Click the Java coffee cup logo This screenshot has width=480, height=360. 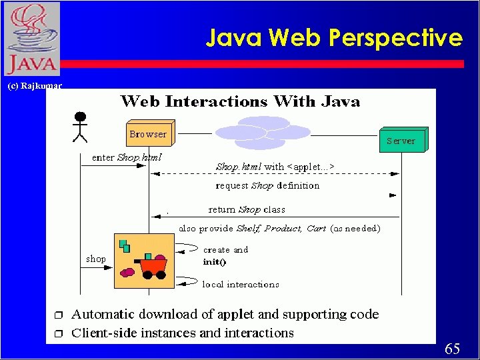tap(31, 39)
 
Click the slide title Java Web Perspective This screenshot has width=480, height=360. tap(333, 38)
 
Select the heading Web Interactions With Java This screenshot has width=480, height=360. tap(240, 102)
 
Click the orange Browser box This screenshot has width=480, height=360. tap(149, 135)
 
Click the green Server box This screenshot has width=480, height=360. tap(401, 141)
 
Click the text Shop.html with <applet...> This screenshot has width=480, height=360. tap(275, 167)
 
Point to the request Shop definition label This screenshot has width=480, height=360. tap(267, 186)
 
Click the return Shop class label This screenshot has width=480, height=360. tap(247, 209)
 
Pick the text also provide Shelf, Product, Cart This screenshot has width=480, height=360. tap(279, 229)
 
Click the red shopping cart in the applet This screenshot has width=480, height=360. tap(153, 265)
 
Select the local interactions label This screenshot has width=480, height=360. tap(241, 285)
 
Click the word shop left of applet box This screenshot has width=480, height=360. tap(96, 259)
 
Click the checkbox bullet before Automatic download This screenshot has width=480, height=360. tap(58, 315)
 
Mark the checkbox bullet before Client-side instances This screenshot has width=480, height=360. tap(58, 333)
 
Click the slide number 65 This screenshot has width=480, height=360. tap(452, 349)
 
